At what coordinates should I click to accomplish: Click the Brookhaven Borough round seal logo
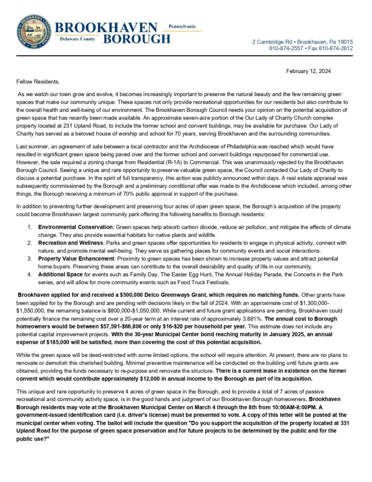click(x=33, y=32)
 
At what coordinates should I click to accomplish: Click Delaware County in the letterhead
click(x=78, y=39)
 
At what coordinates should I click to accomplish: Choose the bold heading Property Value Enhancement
click(x=77, y=258)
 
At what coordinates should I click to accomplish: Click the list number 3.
click(x=29, y=258)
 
